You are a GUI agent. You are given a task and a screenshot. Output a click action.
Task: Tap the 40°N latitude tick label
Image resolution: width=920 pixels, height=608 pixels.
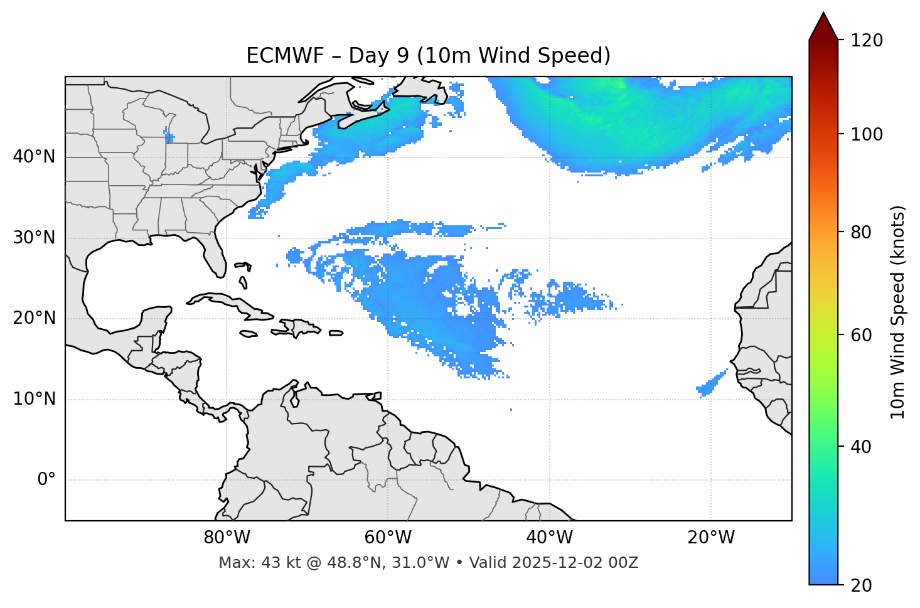pos(34,157)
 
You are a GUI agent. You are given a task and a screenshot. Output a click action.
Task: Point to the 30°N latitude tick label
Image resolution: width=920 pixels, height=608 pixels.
pos(34,238)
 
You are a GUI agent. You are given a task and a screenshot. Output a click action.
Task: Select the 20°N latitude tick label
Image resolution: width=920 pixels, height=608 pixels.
pos(34,318)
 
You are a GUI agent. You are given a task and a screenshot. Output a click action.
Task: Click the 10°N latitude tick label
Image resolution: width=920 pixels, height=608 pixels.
pos(34,399)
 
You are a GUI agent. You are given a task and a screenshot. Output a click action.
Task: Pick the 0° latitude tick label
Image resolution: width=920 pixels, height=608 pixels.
pos(46,480)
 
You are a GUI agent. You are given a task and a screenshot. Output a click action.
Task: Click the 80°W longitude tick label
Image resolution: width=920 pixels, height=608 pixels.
pos(227,538)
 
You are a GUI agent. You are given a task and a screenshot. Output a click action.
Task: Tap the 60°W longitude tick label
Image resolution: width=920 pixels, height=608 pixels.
pos(388,538)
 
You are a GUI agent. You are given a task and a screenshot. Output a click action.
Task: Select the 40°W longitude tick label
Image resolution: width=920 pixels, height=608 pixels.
pos(549,538)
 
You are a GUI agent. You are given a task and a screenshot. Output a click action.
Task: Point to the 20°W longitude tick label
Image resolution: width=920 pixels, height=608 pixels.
pos(710,538)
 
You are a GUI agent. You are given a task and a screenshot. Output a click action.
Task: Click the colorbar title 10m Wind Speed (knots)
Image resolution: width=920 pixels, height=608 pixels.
pos(898,312)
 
